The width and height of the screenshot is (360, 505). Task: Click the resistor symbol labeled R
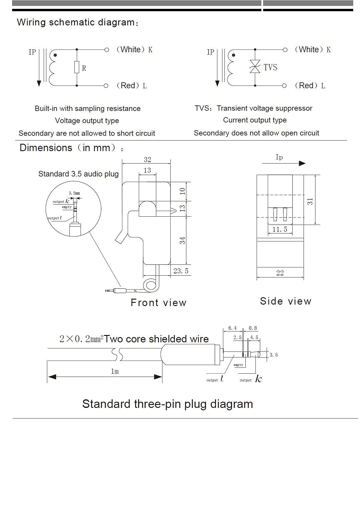[x=77, y=67]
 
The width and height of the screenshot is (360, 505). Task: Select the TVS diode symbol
[x=255, y=66]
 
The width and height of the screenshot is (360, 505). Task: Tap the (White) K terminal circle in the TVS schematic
[x=285, y=50]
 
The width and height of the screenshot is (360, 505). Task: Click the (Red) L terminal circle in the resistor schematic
[x=106, y=86]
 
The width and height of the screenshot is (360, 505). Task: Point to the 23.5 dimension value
[x=181, y=271]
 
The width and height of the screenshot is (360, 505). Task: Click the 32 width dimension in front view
[x=147, y=160]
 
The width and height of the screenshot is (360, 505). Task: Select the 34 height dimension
[x=183, y=240]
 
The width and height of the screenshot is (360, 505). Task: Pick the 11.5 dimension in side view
[x=280, y=229]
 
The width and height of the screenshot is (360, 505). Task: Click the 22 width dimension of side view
[x=280, y=273]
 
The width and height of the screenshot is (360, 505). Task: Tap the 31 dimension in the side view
[x=310, y=201]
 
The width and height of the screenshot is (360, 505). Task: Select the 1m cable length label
[x=115, y=371]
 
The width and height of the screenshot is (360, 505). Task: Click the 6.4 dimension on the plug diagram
[x=232, y=328]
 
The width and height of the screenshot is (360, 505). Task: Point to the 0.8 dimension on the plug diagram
[x=253, y=328]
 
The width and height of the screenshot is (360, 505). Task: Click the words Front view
[x=159, y=303]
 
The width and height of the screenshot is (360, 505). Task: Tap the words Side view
[x=286, y=301]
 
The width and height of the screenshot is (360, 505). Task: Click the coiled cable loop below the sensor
[x=151, y=285]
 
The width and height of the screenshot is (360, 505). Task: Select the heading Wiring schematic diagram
[x=77, y=22]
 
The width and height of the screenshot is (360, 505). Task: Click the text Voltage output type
[x=87, y=121]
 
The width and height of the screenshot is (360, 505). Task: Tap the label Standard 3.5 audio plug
[x=78, y=174]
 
